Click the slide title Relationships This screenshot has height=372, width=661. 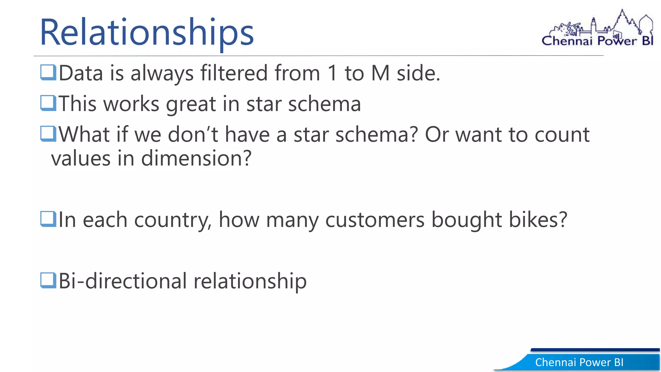tap(147, 32)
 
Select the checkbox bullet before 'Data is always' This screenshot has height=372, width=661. tap(48, 72)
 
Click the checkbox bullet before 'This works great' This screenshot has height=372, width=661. tap(48, 103)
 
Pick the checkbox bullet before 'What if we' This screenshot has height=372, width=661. tap(48, 134)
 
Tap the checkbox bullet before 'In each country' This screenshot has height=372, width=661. tap(48, 219)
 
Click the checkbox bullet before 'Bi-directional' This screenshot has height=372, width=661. tap(48, 280)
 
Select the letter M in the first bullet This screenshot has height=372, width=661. tap(380, 73)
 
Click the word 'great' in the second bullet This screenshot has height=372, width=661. tap(190, 104)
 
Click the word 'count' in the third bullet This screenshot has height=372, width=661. tap(562, 134)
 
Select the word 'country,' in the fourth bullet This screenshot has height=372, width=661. tap(173, 220)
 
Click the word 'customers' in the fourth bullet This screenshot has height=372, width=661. tap(375, 220)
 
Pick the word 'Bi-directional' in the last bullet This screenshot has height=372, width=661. tap(123, 281)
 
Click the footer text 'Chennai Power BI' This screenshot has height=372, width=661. tap(579, 362)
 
